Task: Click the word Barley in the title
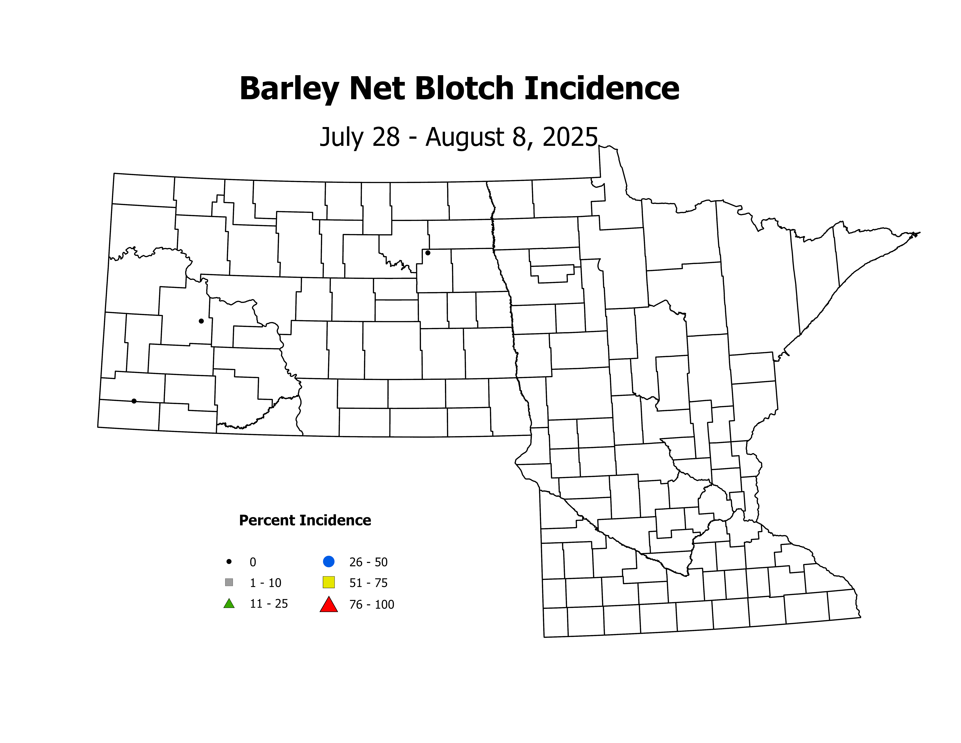pos(289,89)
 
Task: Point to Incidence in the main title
pos(601,89)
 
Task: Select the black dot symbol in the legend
pos(229,562)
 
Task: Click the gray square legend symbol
pos(229,582)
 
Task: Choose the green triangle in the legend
pos(229,603)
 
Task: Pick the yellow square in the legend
pos(329,582)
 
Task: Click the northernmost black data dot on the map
pos(428,253)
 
